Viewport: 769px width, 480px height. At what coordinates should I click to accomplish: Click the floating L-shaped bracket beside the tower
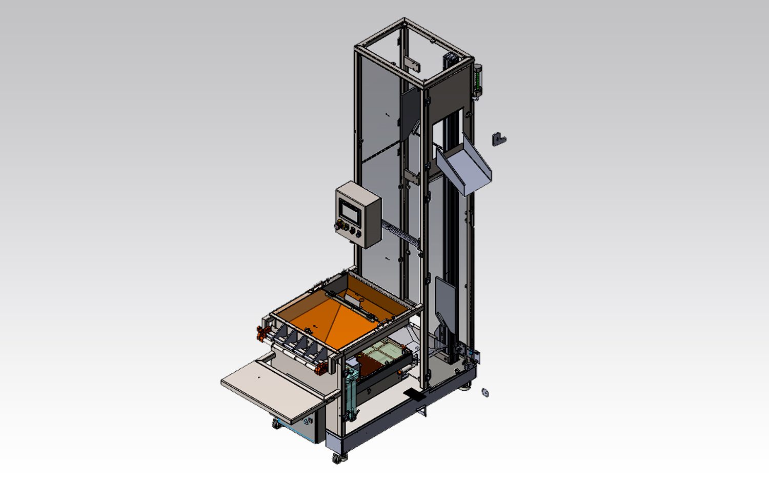498,139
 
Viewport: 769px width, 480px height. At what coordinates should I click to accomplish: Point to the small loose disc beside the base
484,393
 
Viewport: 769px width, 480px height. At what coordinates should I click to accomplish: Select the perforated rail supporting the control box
400,233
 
